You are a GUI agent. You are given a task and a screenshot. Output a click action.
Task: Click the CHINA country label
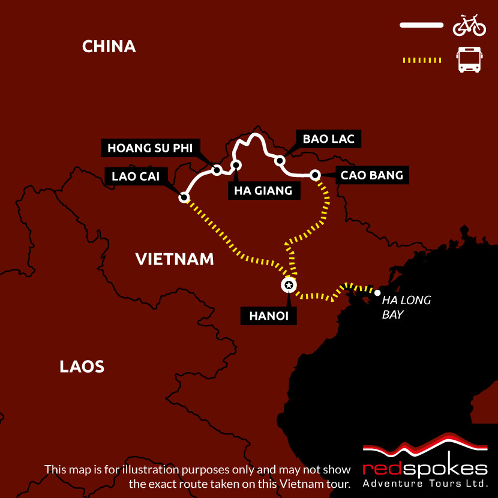109,46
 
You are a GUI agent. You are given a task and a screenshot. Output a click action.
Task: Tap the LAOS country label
82,367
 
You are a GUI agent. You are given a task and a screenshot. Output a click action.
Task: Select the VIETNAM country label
175,259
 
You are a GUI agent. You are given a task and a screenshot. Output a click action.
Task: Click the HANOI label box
269,316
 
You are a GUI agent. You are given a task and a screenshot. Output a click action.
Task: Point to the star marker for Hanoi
289,285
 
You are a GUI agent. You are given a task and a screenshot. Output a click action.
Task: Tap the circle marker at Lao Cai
184,197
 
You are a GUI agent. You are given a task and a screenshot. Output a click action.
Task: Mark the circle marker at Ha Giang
236,164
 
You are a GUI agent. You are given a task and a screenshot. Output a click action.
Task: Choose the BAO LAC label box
328,139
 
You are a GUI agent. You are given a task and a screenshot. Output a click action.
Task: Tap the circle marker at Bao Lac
279,161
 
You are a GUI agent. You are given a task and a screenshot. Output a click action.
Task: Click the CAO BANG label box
371,176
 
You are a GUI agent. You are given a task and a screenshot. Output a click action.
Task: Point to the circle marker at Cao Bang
314,175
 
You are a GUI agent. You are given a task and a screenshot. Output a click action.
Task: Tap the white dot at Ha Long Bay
377,293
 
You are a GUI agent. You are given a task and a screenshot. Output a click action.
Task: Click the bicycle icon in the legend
469,25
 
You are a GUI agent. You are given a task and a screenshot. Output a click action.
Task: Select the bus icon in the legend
469,60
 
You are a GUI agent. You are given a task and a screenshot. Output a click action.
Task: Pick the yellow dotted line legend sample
421,60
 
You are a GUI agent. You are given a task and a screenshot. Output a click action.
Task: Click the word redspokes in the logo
425,467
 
